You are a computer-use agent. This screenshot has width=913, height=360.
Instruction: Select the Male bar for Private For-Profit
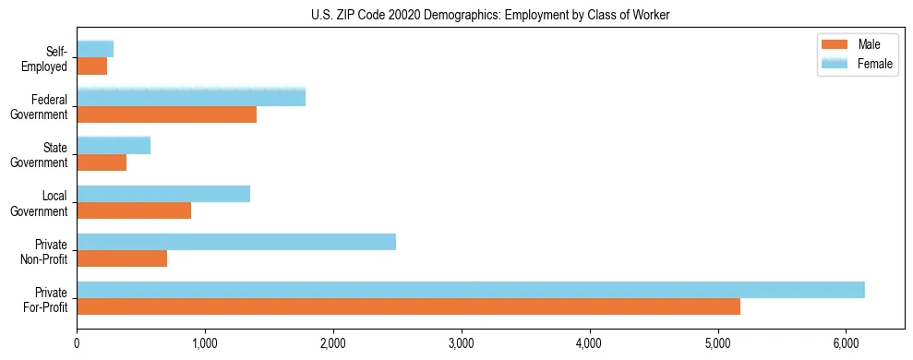pyautogui.click(x=408, y=306)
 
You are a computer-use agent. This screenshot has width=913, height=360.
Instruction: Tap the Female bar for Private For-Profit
pyautogui.click(x=471, y=290)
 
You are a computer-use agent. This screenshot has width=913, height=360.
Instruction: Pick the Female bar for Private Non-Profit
pyautogui.click(x=236, y=242)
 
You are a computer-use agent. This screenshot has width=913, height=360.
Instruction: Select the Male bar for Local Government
pyautogui.click(x=134, y=210)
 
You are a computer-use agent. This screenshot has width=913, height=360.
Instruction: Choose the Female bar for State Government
pyautogui.click(x=114, y=145)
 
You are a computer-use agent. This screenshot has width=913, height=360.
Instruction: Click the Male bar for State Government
pyautogui.click(x=102, y=162)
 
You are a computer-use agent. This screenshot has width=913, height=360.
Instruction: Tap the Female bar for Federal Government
pyautogui.click(x=191, y=97)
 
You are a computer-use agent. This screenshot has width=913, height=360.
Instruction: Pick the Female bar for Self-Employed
pyautogui.click(x=95, y=49)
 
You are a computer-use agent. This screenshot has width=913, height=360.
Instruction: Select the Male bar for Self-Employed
pyautogui.click(x=92, y=66)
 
